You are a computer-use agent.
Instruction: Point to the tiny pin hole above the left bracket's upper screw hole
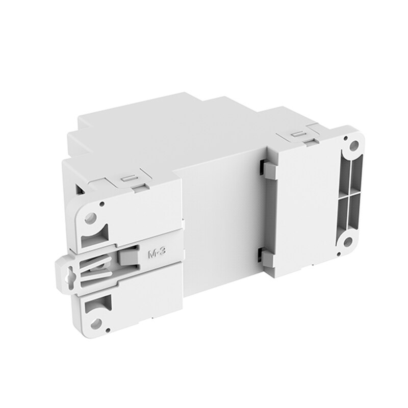click(101, 205)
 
